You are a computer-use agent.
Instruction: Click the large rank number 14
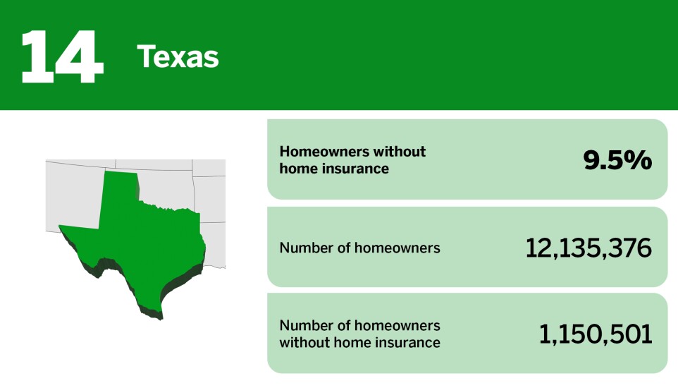click(62, 56)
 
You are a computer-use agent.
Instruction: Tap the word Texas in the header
click(178, 56)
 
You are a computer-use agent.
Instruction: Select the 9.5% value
click(617, 160)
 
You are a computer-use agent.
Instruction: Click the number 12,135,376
click(588, 248)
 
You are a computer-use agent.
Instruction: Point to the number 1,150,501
click(596, 334)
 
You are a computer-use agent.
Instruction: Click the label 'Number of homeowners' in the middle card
click(359, 248)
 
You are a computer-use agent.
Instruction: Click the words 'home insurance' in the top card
click(334, 169)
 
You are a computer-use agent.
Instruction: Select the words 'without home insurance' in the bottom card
click(359, 343)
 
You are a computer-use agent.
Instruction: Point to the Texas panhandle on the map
click(120, 190)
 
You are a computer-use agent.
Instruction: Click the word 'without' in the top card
click(403, 152)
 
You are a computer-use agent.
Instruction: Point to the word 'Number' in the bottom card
click(304, 326)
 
